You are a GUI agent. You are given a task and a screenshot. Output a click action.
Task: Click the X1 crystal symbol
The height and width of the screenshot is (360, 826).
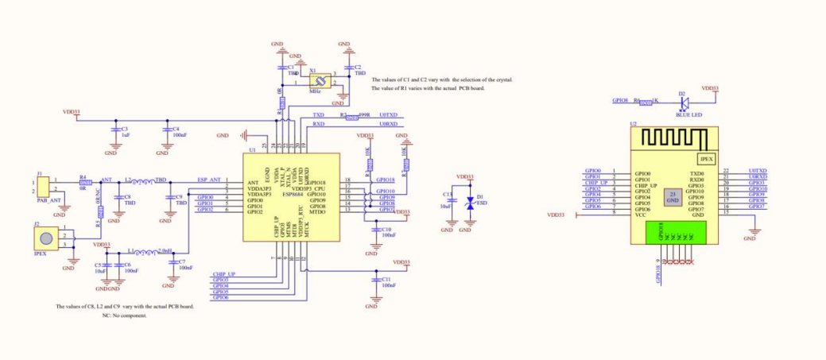(x=319, y=81)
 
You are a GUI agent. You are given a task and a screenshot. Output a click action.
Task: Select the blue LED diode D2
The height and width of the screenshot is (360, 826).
(x=683, y=102)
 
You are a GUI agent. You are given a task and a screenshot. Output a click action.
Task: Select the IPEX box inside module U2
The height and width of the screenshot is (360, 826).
(x=707, y=159)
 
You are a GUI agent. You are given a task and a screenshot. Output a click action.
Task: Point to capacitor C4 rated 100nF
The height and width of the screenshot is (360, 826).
(x=166, y=130)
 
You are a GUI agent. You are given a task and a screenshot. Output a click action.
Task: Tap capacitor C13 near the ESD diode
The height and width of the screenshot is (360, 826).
(x=451, y=201)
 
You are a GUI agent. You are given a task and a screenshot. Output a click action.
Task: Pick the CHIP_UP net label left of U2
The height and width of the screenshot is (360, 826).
(x=596, y=183)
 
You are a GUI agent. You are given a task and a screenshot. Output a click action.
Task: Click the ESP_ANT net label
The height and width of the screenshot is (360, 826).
(x=208, y=180)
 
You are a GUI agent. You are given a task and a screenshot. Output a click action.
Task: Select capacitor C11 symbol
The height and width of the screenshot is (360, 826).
(x=375, y=279)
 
